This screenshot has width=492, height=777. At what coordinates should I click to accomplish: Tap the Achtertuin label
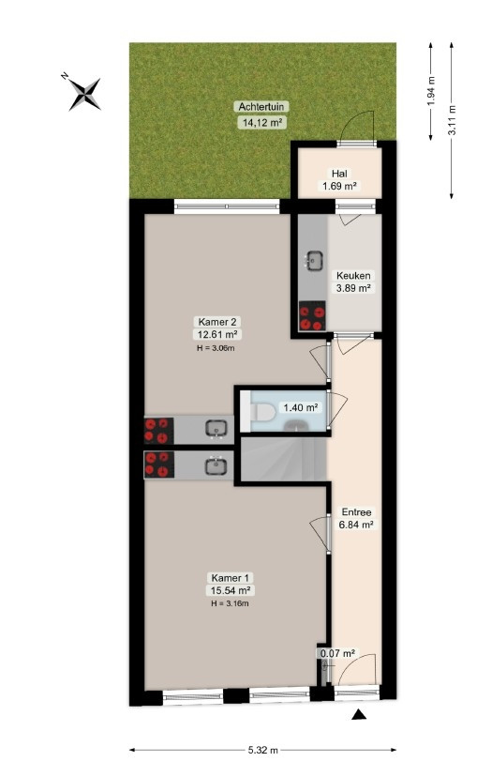[261, 107]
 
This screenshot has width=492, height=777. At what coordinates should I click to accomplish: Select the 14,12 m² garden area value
[262, 122]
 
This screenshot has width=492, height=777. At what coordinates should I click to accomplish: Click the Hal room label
[339, 174]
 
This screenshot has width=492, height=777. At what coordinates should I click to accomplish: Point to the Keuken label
[353, 275]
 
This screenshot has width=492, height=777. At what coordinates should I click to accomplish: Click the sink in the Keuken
[314, 260]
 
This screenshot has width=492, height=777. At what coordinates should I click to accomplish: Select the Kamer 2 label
[216, 322]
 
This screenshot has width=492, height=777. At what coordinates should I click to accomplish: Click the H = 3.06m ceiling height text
[216, 348]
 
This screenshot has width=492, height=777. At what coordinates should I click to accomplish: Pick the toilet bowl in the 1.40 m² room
[261, 411]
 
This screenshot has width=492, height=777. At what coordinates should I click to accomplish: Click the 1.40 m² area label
[300, 408]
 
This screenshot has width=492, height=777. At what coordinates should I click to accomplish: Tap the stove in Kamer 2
[158, 431]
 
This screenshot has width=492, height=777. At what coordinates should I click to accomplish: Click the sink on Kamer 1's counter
[216, 466]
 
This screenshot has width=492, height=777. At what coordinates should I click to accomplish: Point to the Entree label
[356, 511]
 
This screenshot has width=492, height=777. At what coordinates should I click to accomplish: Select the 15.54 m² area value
[230, 590]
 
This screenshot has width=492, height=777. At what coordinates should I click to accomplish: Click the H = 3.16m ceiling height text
[230, 603]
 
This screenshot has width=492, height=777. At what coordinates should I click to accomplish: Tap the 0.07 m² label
[337, 653]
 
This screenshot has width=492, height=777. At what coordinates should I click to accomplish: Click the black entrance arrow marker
[359, 714]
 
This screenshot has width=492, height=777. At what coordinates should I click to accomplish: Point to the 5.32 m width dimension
[262, 750]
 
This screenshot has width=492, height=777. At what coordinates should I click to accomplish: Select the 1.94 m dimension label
[431, 91]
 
